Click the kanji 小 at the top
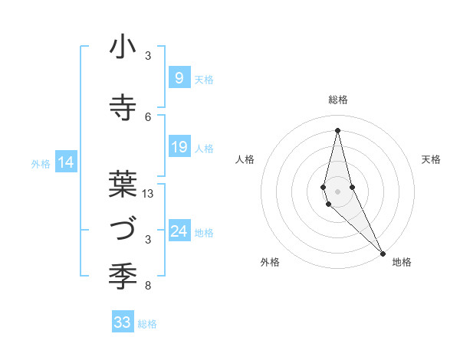click(x=123, y=47)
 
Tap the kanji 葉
click(x=123, y=185)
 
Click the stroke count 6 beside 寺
click(x=148, y=116)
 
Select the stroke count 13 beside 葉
click(x=149, y=194)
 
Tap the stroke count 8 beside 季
click(x=148, y=286)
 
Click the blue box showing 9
click(x=179, y=77)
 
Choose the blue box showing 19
click(x=179, y=146)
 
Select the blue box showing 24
click(x=179, y=231)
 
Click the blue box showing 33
click(x=123, y=322)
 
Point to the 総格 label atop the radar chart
click(x=337, y=100)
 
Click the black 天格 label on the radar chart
click(x=431, y=159)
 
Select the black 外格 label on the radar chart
click(x=270, y=262)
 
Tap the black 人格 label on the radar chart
click(x=245, y=159)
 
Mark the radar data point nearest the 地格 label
click(x=383, y=254)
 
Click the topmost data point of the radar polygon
click(x=337, y=130)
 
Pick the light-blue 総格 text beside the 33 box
click(x=147, y=324)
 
